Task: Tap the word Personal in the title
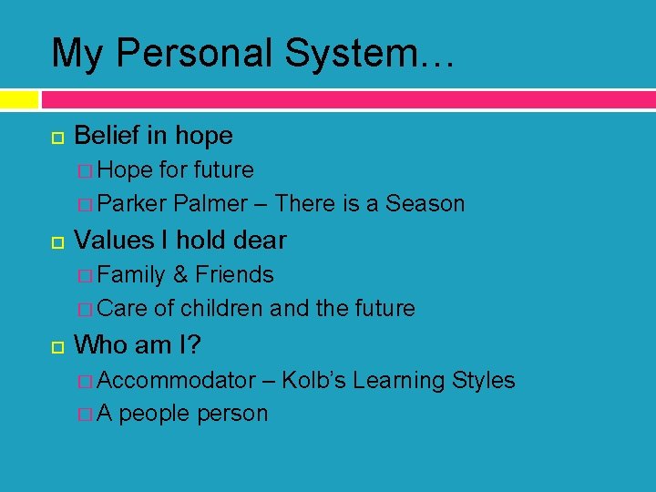click(x=194, y=53)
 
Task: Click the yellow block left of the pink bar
click(x=19, y=98)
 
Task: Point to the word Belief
click(x=108, y=136)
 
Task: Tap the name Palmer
click(x=210, y=204)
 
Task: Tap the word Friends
click(x=234, y=275)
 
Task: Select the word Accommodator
click(x=177, y=380)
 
